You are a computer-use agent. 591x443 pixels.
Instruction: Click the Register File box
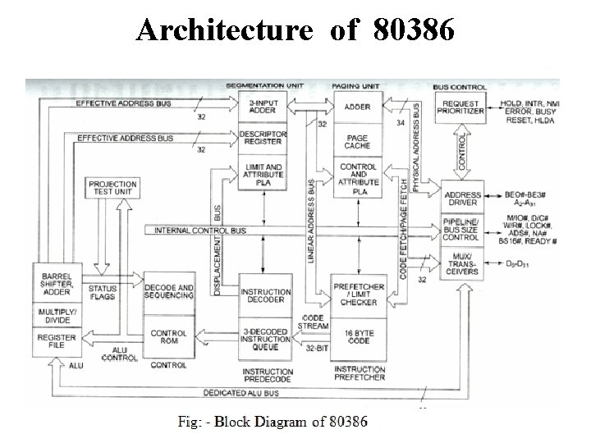(56, 342)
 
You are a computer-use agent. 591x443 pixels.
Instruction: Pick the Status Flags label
(103, 293)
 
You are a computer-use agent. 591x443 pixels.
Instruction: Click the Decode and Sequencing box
(168, 292)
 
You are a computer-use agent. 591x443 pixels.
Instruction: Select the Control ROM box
(168, 338)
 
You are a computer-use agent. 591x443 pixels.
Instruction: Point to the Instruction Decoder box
(265, 296)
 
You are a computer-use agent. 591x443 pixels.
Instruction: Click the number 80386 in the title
(412, 30)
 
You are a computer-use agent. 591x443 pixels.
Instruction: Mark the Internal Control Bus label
(200, 231)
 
